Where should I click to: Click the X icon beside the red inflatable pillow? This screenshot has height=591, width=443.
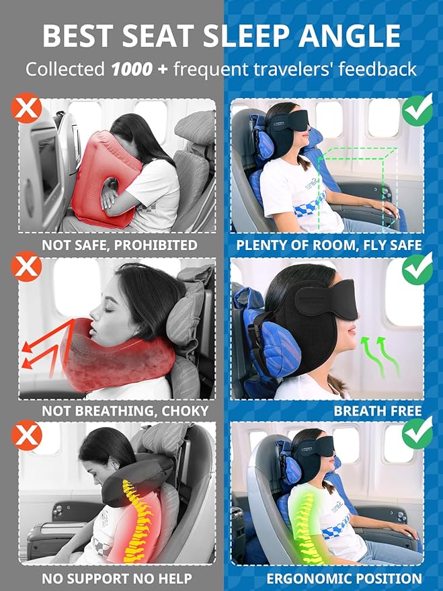pos(27,109)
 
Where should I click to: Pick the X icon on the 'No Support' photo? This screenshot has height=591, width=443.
pos(27,436)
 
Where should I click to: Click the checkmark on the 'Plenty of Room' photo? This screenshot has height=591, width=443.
pos(417,109)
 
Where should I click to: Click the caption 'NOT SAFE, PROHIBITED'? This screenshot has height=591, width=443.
pos(119,245)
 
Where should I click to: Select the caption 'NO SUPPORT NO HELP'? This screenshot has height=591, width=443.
pos(117,578)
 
